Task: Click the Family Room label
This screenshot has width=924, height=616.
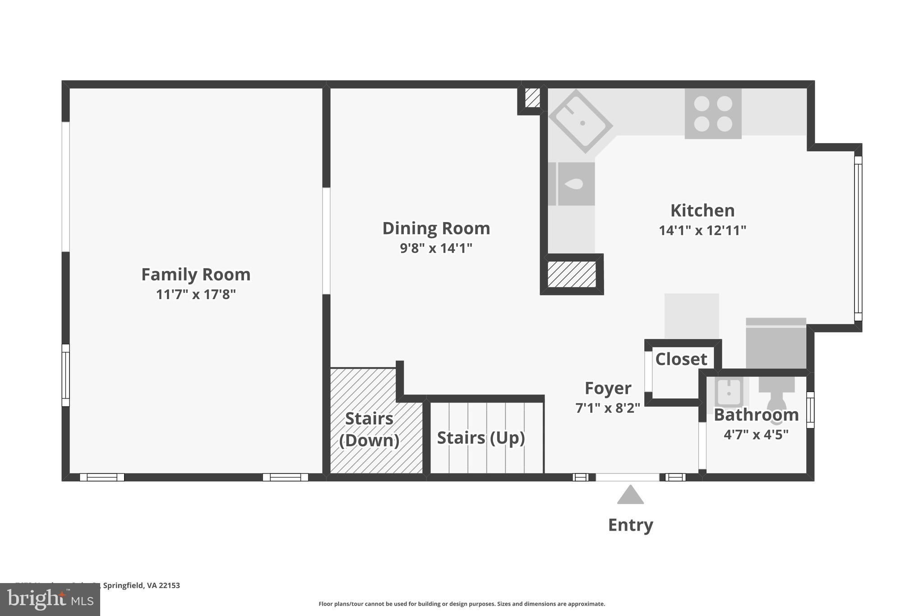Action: pos(196,274)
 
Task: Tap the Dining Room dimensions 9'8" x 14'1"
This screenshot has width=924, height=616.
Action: pos(436,248)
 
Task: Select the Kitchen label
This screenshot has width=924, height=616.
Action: pos(702,211)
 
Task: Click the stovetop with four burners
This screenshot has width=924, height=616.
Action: pos(713,113)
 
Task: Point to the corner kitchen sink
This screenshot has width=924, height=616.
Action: pos(581,121)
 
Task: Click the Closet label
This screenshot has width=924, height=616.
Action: pos(681,359)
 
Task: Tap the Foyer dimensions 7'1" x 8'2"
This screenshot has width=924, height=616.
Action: pos(608,408)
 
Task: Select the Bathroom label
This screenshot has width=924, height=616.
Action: pos(756,415)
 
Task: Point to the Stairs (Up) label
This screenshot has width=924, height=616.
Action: pos(481,438)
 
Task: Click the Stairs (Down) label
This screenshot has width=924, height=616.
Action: pos(369,429)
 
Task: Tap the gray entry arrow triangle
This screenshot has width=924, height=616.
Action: pos(630,496)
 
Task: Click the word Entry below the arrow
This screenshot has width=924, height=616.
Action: pos(630,525)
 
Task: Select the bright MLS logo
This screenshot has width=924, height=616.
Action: pos(50,599)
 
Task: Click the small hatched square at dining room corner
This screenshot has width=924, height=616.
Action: pos(532,97)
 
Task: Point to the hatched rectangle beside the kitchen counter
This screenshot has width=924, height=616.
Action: pos(572,274)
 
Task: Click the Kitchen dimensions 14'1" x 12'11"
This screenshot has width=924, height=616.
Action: pos(702,231)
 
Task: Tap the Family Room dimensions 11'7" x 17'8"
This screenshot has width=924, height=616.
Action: pos(196,295)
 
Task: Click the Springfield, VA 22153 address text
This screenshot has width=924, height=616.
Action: pos(141,585)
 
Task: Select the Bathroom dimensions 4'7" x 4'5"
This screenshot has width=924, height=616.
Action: pos(756,435)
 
